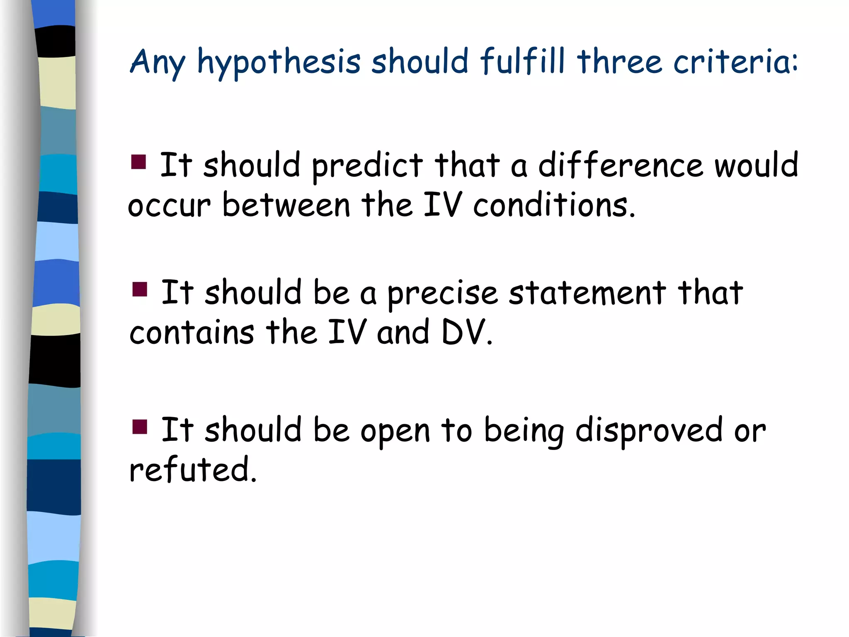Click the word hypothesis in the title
(x=279, y=62)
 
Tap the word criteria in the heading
(x=735, y=62)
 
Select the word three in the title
(x=619, y=62)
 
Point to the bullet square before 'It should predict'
(x=138, y=162)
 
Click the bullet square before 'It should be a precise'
(x=140, y=289)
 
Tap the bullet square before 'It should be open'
(x=140, y=426)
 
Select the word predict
(x=367, y=166)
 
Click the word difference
(x=621, y=165)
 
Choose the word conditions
(x=554, y=205)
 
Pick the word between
(x=286, y=205)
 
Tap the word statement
(x=587, y=293)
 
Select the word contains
(x=192, y=333)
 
